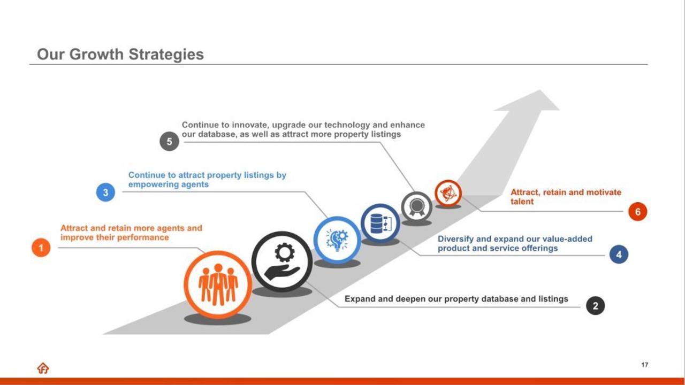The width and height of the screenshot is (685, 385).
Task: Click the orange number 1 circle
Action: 41,248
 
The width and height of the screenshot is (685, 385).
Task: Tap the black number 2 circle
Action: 596,305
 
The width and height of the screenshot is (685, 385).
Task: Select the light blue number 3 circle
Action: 105,192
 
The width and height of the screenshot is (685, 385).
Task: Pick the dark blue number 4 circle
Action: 619,254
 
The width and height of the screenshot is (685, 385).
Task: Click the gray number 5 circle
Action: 170,141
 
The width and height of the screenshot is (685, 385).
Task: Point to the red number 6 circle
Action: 637,211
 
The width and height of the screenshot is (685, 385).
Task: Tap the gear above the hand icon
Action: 285,252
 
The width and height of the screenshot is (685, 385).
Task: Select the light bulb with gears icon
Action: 337,240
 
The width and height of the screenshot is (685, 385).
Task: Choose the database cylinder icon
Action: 376,224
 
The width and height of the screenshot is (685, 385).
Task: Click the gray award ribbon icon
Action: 416,207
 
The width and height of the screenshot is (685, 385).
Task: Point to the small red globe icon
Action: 448,194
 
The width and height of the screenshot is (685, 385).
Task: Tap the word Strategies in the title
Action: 166,55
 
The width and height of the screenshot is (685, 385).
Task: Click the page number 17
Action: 645,365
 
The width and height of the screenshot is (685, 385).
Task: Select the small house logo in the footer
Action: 43,368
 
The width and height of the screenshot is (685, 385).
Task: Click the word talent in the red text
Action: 522,202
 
